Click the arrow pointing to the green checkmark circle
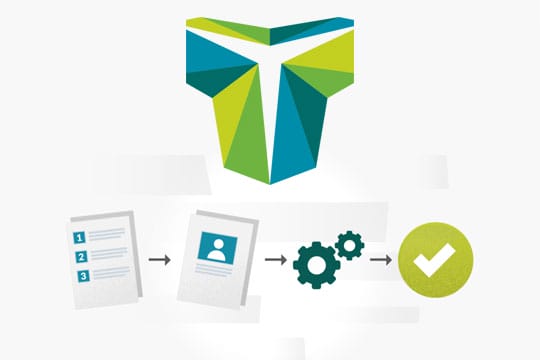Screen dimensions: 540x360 pyautogui.click(x=381, y=260)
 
